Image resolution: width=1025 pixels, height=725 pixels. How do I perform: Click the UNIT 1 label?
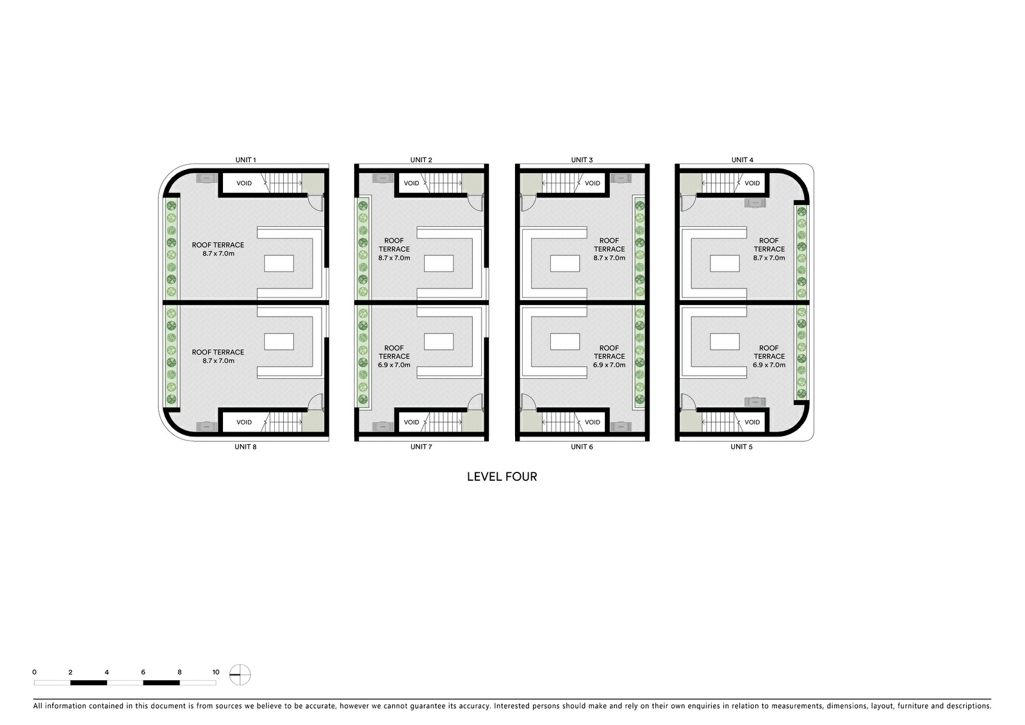coord(245,160)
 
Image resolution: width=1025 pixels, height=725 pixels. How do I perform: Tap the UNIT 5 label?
coord(741,447)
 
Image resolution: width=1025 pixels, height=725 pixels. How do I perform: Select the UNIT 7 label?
coord(421,447)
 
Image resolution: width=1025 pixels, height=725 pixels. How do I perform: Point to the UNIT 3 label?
coord(582,160)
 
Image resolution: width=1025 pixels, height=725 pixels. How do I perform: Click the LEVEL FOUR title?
coord(502,477)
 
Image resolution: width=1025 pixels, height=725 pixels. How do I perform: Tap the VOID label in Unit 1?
coord(244,183)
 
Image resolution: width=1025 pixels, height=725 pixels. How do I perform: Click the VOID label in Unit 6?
coord(592,422)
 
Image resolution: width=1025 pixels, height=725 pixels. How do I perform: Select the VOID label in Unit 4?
coord(752,183)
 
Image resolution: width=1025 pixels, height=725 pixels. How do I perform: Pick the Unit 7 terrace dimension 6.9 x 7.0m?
coord(394,365)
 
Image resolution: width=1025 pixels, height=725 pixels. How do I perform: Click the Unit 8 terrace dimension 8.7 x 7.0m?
coord(218,360)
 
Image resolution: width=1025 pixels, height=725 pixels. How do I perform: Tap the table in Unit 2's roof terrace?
coord(438,264)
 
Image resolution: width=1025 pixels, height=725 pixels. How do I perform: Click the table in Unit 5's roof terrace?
coord(725,342)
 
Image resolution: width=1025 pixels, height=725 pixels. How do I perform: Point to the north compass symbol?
coord(240,674)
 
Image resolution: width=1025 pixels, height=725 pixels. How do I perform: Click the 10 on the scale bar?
coord(215,672)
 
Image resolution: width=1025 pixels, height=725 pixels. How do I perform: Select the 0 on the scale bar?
coord(35,672)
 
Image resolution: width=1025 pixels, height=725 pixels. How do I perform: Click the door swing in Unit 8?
coord(315,402)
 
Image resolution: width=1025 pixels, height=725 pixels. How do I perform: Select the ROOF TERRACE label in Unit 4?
coord(769,245)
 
